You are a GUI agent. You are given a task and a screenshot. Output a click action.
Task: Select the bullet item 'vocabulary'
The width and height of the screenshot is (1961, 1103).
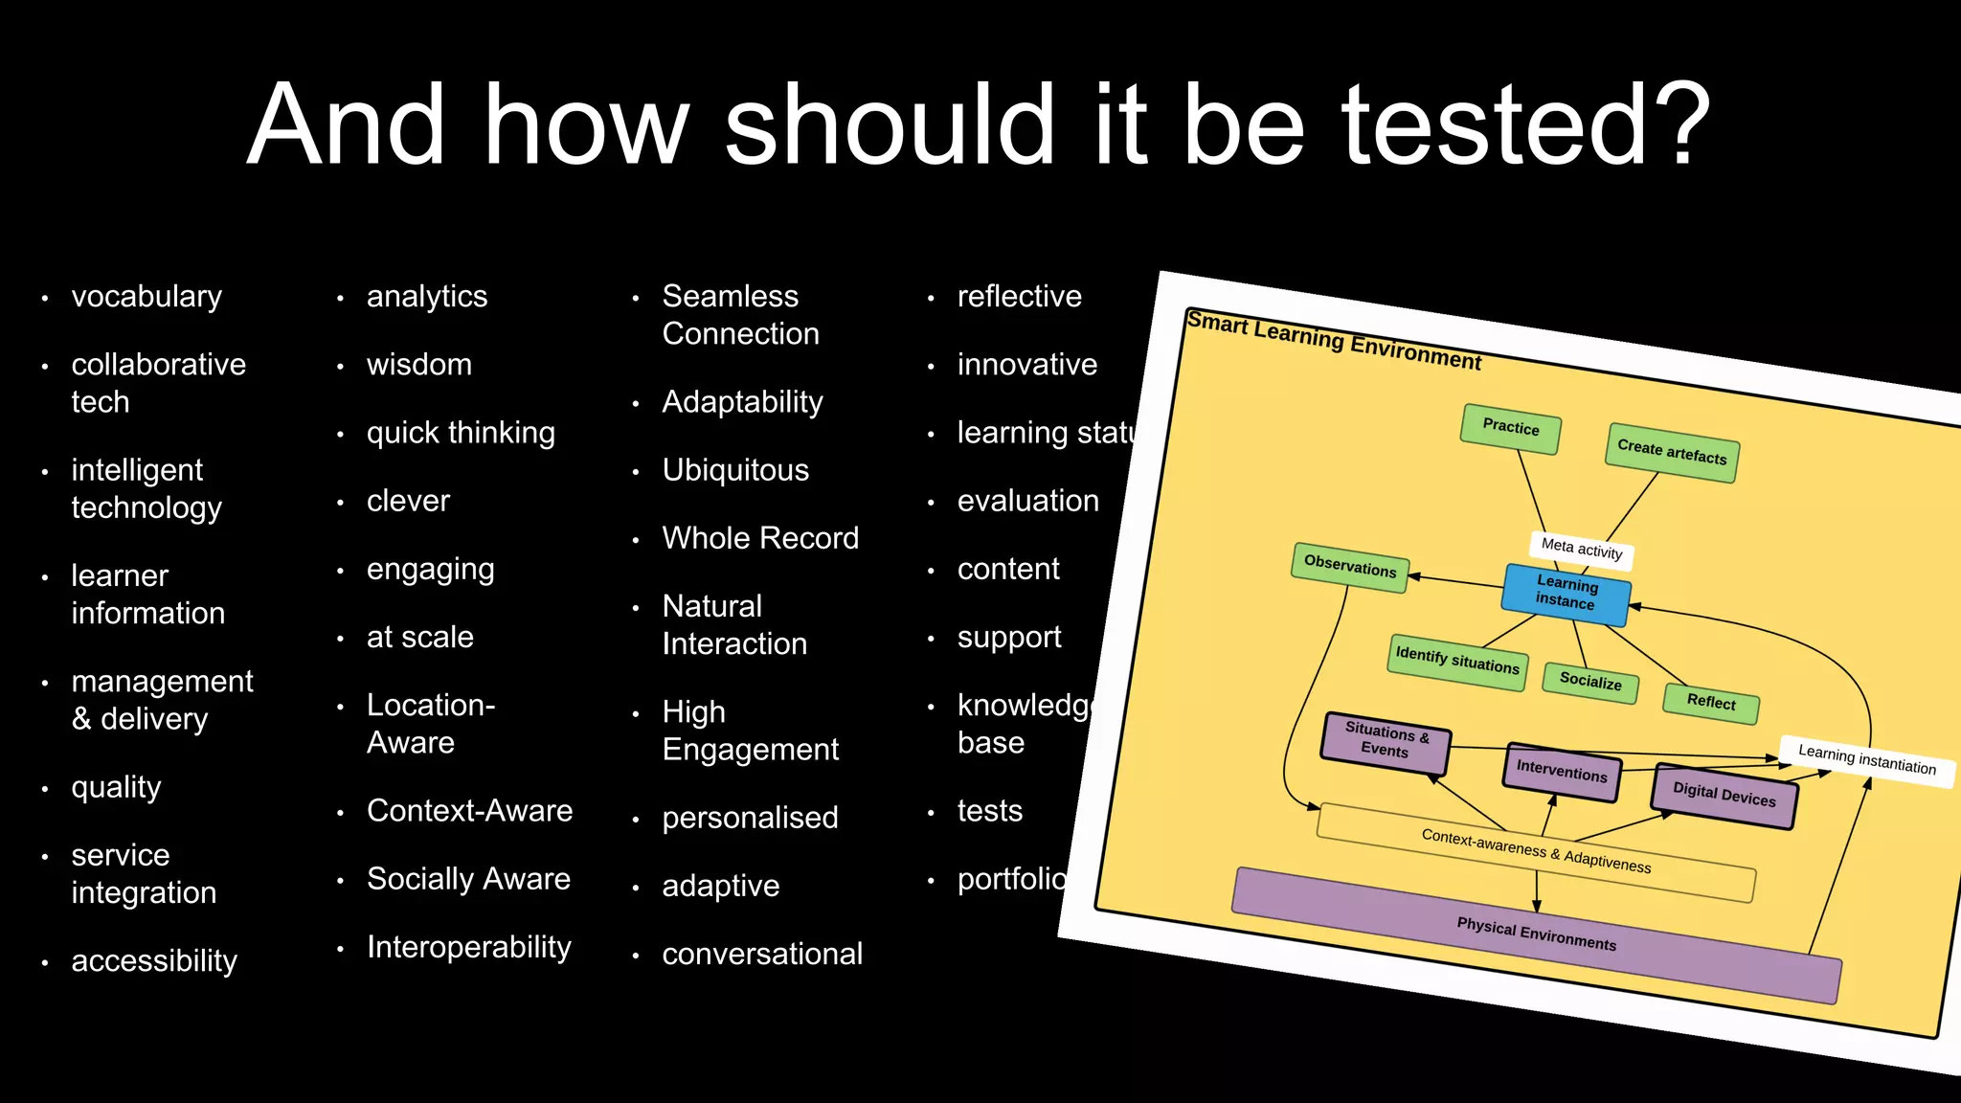click(147, 297)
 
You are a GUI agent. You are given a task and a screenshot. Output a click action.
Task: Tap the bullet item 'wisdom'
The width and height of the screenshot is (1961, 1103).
click(419, 365)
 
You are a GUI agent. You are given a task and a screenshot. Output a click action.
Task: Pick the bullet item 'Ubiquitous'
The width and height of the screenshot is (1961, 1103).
click(735, 470)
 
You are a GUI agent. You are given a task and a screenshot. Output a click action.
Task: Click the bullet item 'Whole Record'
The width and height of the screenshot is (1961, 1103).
click(760, 538)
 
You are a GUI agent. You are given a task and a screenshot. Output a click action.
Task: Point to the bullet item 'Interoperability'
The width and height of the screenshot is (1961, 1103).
click(469, 947)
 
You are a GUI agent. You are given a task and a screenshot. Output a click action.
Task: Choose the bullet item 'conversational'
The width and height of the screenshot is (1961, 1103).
click(762, 954)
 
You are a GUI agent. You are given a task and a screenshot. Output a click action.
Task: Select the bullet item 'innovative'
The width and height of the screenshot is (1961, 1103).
click(1027, 365)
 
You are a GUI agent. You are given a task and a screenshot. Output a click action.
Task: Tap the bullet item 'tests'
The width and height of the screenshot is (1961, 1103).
click(990, 811)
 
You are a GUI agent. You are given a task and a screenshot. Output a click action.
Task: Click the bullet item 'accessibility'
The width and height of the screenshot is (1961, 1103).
click(154, 960)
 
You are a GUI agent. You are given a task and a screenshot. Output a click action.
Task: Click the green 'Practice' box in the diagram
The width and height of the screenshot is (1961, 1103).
click(1511, 428)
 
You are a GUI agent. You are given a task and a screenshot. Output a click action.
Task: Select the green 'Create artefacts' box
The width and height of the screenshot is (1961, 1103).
click(1672, 452)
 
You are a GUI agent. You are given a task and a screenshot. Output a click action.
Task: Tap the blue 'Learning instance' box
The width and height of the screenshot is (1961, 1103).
click(1567, 594)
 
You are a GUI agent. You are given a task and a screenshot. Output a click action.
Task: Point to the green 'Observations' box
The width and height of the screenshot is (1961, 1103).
click(1350, 567)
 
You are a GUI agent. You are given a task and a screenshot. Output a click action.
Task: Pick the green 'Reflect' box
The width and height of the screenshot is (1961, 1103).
click(1711, 703)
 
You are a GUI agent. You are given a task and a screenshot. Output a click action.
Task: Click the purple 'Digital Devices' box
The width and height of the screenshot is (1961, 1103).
click(1724, 795)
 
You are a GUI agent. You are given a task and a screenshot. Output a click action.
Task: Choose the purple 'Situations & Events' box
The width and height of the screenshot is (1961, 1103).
click(1386, 741)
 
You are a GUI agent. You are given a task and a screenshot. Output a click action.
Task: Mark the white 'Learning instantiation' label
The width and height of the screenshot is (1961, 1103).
click(1867, 760)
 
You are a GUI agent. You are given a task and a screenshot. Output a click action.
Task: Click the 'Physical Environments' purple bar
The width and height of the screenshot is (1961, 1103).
click(1536, 934)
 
